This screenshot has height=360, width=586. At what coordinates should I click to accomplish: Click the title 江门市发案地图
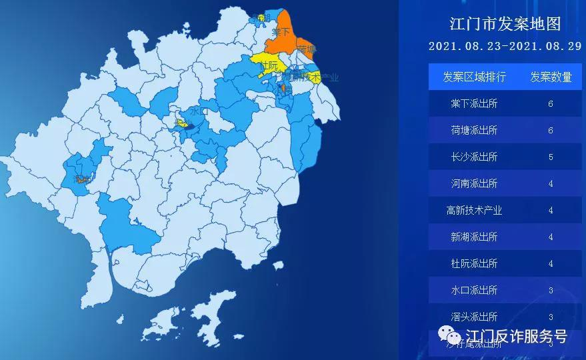pyautogui.click(x=505, y=25)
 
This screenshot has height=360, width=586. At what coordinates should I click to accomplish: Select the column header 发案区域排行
pyautogui.click(x=474, y=77)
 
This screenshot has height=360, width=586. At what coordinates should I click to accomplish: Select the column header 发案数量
pyautogui.click(x=551, y=77)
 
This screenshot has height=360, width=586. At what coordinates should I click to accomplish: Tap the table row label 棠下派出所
pyautogui.click(x=474, y=104)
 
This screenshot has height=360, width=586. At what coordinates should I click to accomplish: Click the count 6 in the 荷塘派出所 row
pyautogui.click(x=551, y=131)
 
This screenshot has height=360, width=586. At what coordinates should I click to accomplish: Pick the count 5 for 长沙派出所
pyautogui.click(x=551, y=157)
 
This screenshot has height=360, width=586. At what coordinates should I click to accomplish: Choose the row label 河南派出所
pyautogui.click(x=474, y=184)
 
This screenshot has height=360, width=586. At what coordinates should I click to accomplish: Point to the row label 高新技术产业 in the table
pyautogui.click(x=474, y=211)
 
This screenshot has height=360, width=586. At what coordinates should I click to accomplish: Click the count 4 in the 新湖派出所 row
pyautogui.click(x=551, y=237)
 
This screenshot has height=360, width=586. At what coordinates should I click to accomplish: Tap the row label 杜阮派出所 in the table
pyautogui.click(x=474, y=264)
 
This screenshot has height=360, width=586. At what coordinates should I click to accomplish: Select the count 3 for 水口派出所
pyautogui.click(x=551, y=291)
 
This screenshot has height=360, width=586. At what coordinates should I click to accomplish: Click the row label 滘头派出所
pyautogui.click(x=474, y=317)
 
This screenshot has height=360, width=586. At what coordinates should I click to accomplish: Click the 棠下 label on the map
pyautogui.click(x=281, y=31)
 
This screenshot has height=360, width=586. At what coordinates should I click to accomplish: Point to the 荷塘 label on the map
pyautogui.click(x=307, y=50)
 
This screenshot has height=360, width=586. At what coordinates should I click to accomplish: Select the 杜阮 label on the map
pyautogui.click(x=268, y=65)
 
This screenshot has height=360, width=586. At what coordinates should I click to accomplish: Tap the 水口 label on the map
pyautogui.click(x=199, y=111)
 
